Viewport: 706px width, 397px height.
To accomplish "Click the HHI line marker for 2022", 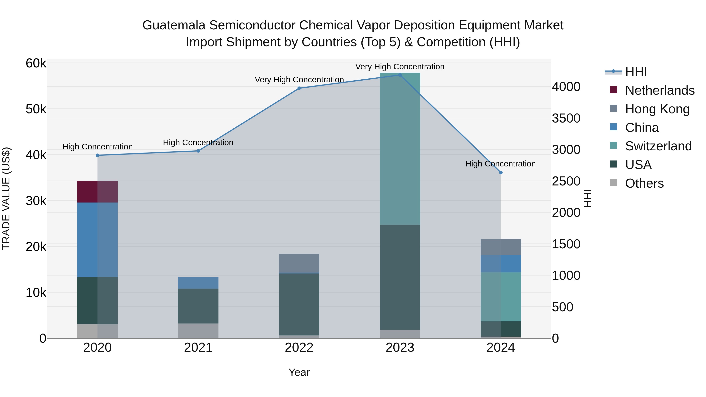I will [x=299, y=88].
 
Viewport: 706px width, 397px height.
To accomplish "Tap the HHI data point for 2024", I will [x=501, y=173].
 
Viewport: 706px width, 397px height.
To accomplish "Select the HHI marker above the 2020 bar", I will [x=98, y=155].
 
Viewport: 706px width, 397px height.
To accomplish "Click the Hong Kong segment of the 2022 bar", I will [x=299, y=263].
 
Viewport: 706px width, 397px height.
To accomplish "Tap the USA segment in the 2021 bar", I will [x=198, y=306].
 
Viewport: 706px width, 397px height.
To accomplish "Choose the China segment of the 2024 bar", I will [x=501, y=263].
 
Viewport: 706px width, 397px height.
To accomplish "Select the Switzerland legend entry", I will [x=658, y=146].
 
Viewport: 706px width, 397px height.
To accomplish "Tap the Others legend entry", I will [x=644, y=183].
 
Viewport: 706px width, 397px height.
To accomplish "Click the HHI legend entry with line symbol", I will [x=636, y=72].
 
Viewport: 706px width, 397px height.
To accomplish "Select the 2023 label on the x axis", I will [x=400, y=348].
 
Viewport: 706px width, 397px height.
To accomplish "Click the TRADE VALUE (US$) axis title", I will [x=6, y=198].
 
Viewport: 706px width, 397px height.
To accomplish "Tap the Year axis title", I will [x=299, y=372].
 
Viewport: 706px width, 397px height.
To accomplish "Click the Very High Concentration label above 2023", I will [x=400, y=67].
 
